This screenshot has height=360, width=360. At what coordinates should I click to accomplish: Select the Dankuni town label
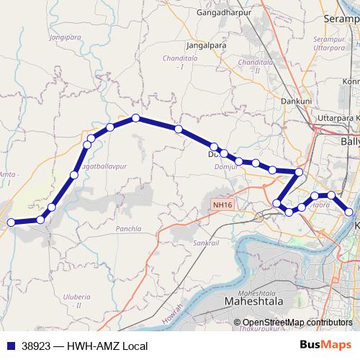tap(296, 102)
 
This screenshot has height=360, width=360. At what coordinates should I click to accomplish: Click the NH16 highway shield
tap(222, 205)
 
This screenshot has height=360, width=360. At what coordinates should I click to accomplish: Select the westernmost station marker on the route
tap(11, 223)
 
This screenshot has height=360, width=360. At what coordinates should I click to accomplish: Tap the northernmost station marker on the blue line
tap(135, 118)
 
